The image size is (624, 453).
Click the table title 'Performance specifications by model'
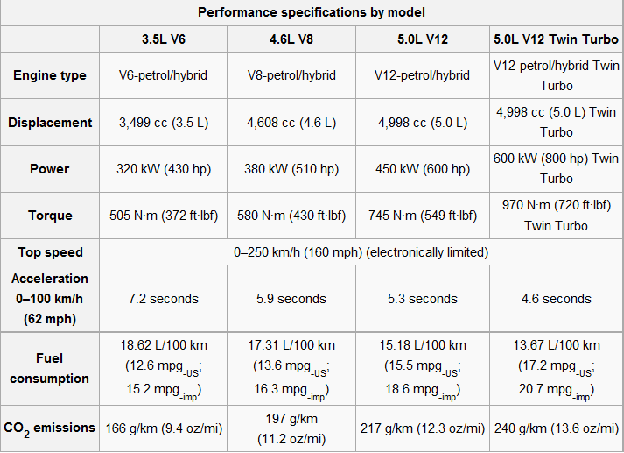(312, 12)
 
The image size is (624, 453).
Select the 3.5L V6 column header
(163, 39)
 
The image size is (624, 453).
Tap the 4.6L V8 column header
(291, 39)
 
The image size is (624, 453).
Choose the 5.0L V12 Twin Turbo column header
(556, 39)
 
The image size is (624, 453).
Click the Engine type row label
(50, 75)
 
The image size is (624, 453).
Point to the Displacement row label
(50, 123)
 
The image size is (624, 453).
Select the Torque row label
(50, 216)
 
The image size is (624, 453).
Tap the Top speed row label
(50, 252)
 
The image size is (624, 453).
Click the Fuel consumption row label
(50, 369)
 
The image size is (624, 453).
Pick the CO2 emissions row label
(50, 428)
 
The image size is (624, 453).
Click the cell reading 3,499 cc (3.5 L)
(163, 123)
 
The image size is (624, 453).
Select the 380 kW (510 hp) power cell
(291, 169)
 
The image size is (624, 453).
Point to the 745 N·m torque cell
(422, 216)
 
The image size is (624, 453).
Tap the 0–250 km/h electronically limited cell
(360, 252)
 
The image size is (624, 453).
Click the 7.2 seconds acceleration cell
(163, 299)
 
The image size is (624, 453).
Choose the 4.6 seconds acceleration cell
(556, 299)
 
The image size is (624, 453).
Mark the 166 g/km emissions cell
(163, 428)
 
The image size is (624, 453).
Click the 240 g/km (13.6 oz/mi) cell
(556, 428)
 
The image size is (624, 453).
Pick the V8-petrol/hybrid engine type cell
(291, 75)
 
